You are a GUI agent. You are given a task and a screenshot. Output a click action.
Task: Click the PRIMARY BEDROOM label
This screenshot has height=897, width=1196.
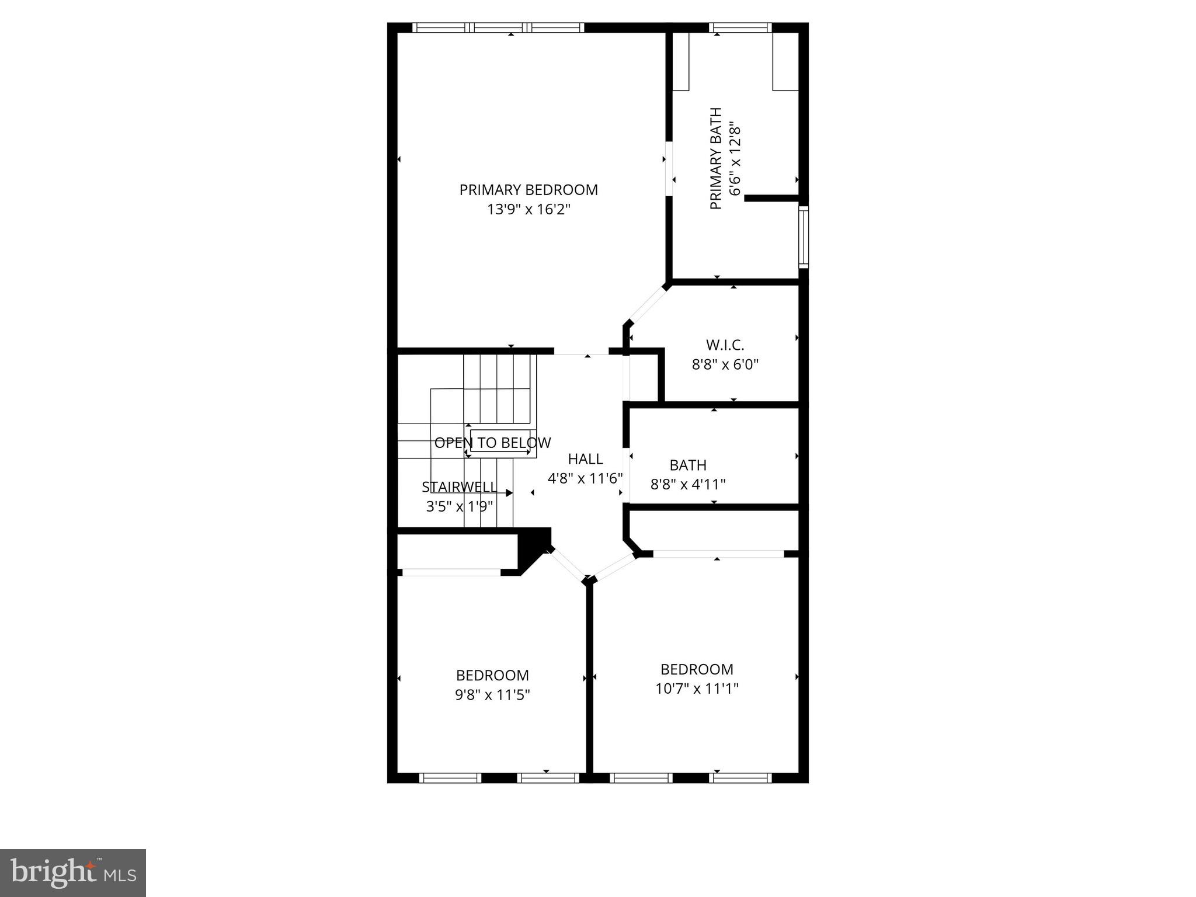[x=528, y=190]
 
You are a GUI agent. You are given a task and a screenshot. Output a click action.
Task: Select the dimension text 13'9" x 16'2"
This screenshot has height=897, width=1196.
[x=528, y=209]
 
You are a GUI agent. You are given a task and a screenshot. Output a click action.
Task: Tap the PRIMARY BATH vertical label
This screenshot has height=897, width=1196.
[x=716, y=159]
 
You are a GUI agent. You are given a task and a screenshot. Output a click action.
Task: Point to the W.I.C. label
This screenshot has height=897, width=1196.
[x=725, y=345]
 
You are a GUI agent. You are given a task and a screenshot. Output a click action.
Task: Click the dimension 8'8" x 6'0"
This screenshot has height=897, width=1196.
[x=725, y=365]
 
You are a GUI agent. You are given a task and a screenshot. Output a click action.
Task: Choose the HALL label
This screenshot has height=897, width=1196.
[x=585, y=459]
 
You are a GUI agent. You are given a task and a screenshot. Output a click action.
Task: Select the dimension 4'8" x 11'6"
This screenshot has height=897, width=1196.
[x=585, y=478]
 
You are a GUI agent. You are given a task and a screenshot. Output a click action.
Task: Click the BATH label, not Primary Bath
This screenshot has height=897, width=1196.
[x=688, y=465]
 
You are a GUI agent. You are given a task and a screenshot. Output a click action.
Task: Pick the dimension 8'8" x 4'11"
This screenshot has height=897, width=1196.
[x=688, y=484]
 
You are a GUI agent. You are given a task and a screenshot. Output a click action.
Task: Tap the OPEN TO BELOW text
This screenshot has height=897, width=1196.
[x=492, y=443]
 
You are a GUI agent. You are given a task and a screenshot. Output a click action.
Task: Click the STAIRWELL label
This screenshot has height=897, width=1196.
[x=460, y=487]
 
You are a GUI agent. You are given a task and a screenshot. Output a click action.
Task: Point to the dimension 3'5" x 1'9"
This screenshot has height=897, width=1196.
[x=460, y=506]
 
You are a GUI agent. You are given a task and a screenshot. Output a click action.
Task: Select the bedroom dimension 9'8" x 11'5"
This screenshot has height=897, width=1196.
[x=492, y=695]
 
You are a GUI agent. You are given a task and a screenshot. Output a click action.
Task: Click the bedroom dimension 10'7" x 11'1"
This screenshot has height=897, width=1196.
[x=697, y=689]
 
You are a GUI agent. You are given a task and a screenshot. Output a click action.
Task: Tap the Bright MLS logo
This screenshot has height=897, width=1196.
[x=72, y=872]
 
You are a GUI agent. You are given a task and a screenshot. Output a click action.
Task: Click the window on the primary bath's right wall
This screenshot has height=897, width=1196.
[x=804, y=237]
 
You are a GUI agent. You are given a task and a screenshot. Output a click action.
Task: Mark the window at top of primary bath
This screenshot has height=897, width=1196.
[x=740, y=27]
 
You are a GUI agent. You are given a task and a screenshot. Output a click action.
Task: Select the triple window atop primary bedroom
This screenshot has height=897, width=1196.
[x=498, y=27]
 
